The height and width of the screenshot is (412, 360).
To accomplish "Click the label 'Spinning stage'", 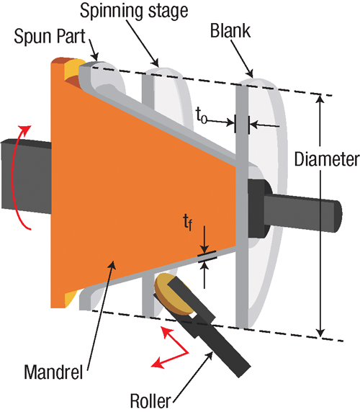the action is click(134, 12).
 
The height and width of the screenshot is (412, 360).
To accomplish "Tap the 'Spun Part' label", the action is click(50, 36).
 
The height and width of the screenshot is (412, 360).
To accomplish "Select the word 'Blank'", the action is click(230, 31).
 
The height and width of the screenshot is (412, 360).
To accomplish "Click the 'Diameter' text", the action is click(327, 159).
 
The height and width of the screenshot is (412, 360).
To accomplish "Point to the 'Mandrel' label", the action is click(53, 372).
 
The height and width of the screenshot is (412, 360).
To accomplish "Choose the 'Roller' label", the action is click(150, 401).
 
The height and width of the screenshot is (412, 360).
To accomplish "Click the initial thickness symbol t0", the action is click(202, 117).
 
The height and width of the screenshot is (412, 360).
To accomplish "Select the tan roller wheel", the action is click(169, 294).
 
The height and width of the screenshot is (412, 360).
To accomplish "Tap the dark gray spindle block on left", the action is click(26, 175).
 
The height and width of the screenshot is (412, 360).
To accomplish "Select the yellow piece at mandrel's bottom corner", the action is click(70, 298).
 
